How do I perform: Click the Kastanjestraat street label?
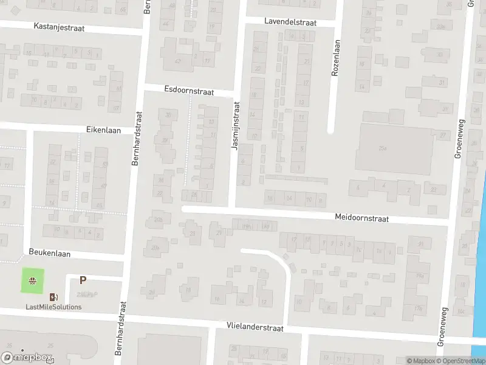(59, 28)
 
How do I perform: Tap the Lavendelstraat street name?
(290, 21)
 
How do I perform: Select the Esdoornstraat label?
(189, 90)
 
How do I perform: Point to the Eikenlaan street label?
(103, 130)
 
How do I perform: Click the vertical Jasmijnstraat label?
(236, 126)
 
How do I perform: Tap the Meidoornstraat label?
(361, 218)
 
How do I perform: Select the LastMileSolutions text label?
(53, 307)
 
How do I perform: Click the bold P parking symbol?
(83, 280)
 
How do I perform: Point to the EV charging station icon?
(53, 297)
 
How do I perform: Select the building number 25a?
(383, 147)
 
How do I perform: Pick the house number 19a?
(419, 276)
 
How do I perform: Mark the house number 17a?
(417, 308)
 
